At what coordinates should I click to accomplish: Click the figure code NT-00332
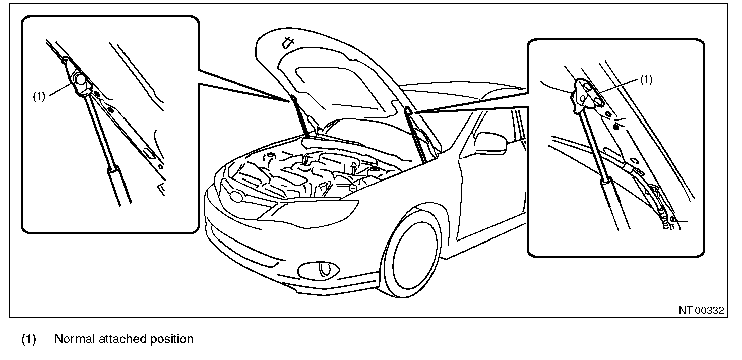pyautogui.click(x=701, y=310)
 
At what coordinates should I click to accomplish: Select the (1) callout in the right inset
pyautogui.click(x=646, y=79)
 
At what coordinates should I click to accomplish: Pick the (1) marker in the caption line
pyautogui.click(x=29, y=339)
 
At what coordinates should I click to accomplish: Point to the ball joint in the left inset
pyautogui.click(x=79, y=80)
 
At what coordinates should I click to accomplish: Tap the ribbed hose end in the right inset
pyautogui.click(x=666, y=220)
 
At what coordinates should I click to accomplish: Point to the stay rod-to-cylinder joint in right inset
pyautogui.click(x=604, y=179)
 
